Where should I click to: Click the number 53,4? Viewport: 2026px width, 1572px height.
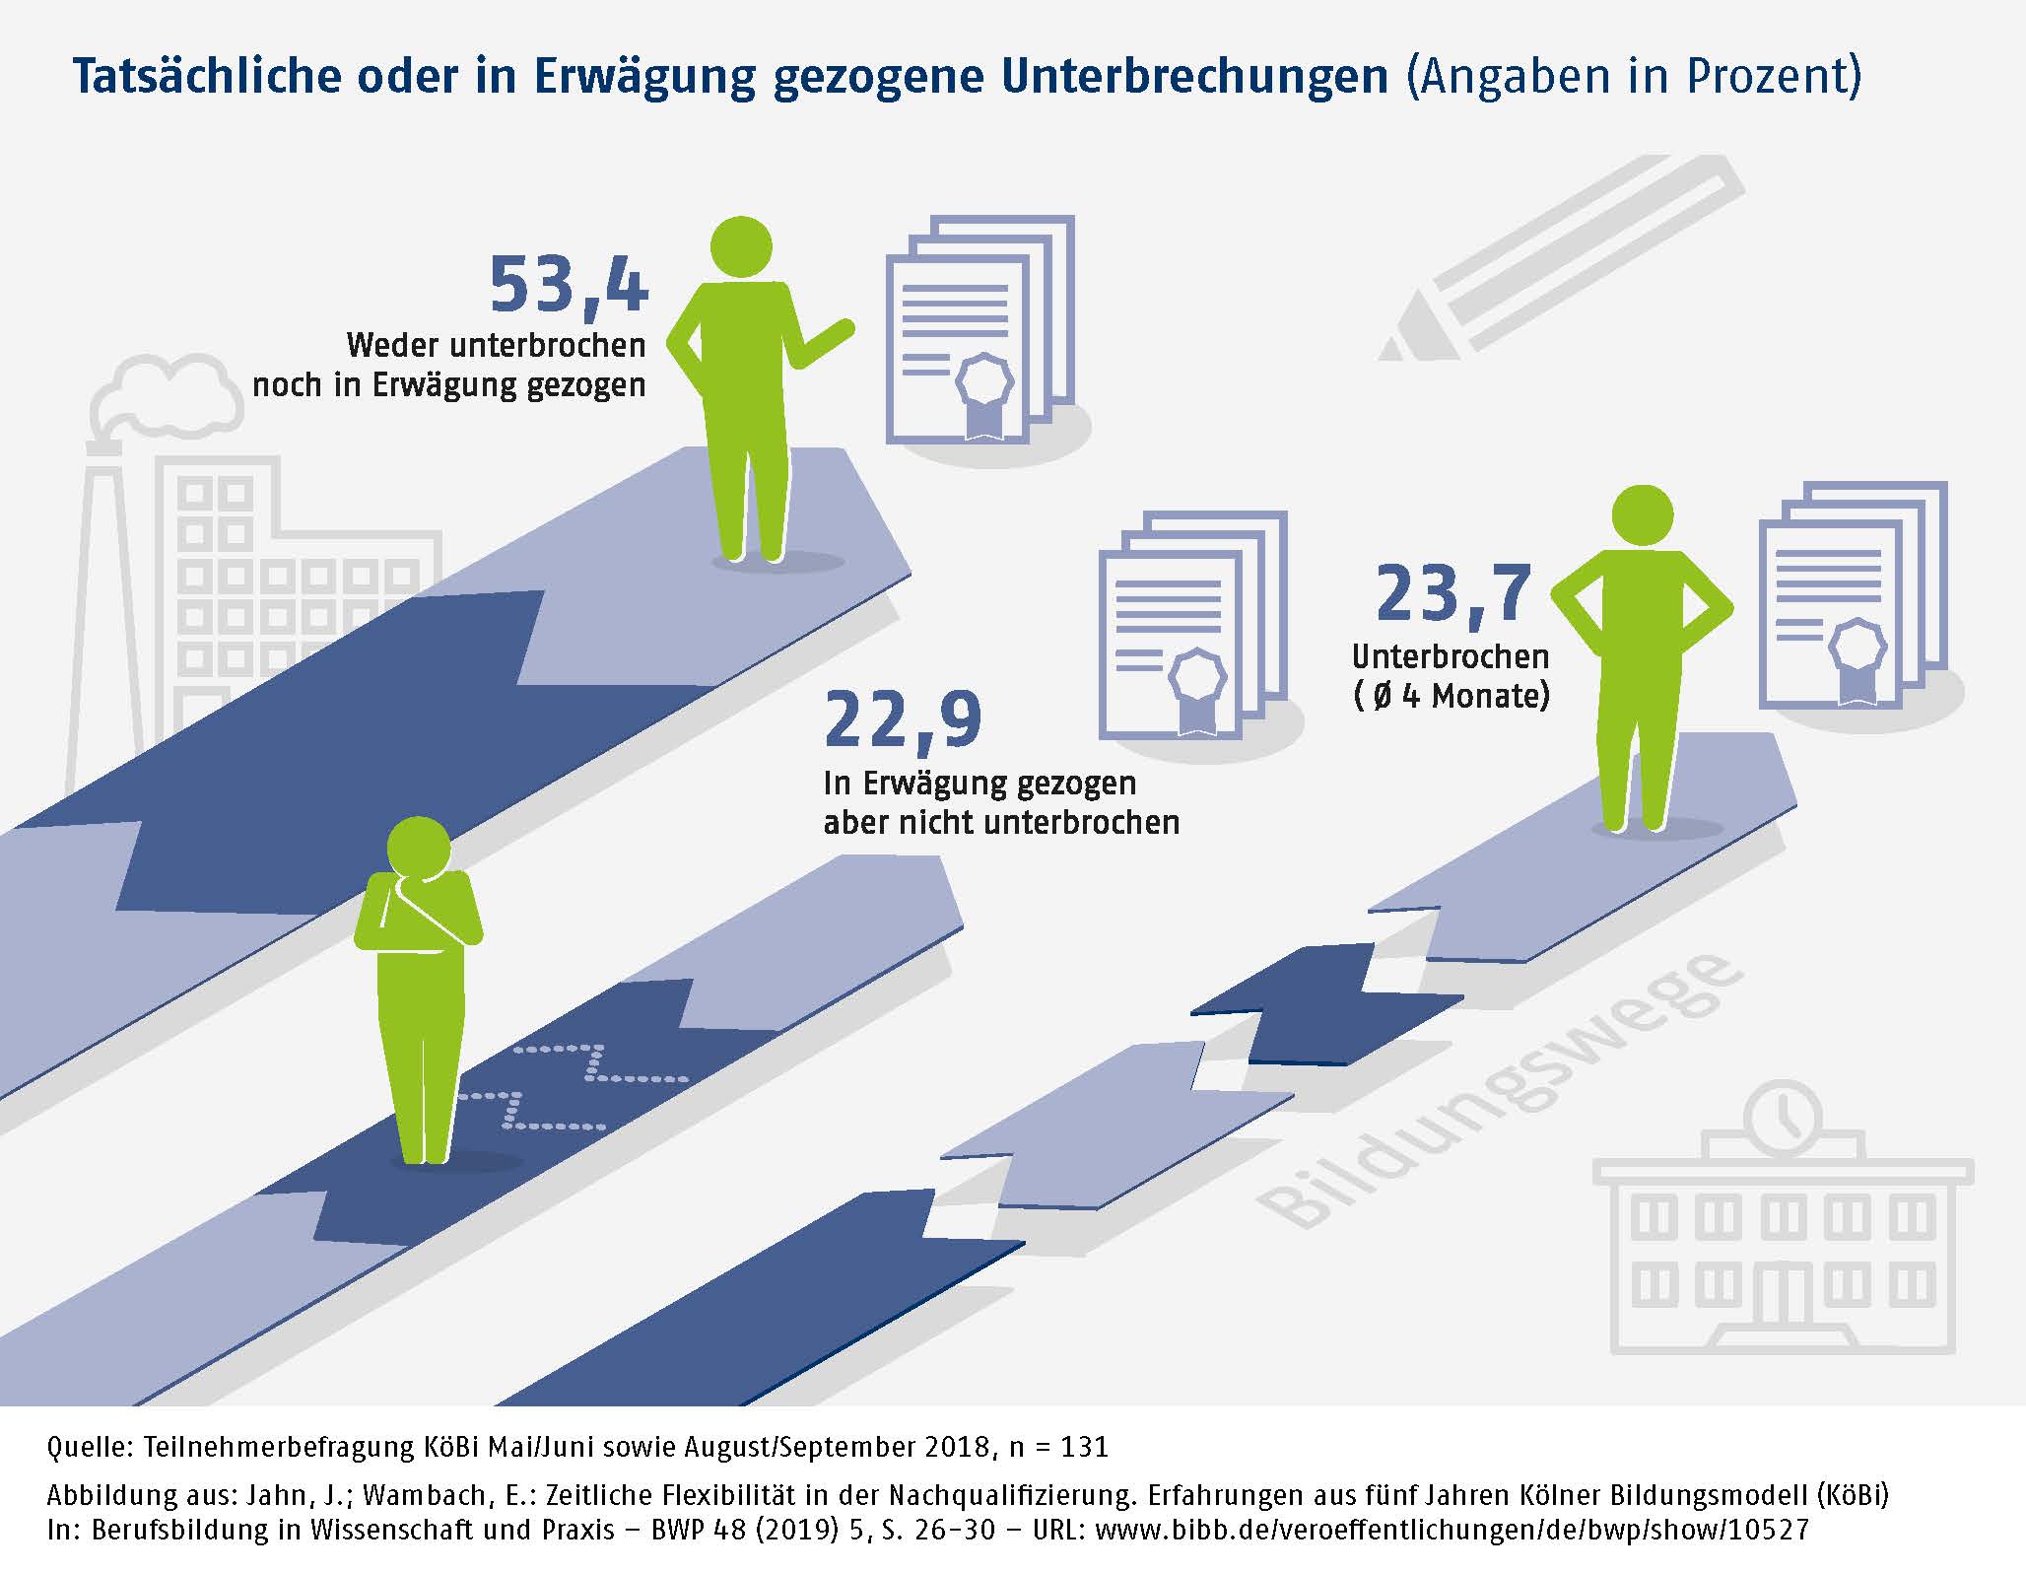coord(569,285)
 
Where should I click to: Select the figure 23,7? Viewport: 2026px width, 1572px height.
coord(1453,594)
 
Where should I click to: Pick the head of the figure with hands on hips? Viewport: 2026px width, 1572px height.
coord(1642,514)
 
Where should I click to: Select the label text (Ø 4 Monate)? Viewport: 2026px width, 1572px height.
coord(1451,696)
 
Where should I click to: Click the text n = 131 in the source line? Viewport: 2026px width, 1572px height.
coord(1058,1447)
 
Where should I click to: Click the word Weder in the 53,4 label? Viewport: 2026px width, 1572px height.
coord(392,345)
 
